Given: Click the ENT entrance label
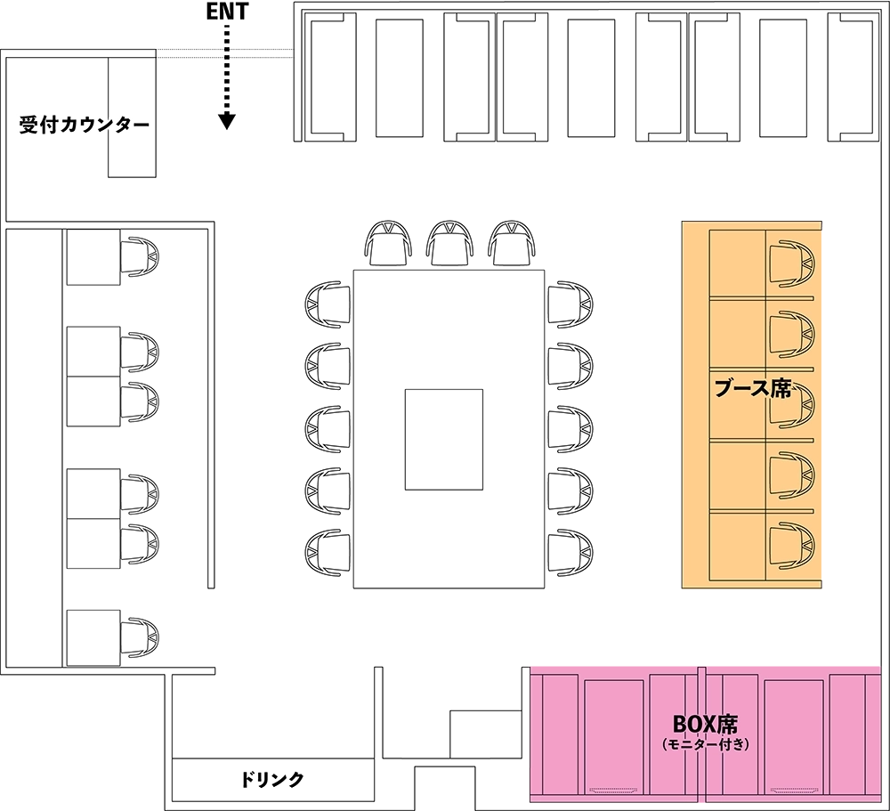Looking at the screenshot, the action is click(227, 12).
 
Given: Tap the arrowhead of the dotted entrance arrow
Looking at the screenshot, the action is click(227, 121).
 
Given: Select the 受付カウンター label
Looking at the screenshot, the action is click(85, 125).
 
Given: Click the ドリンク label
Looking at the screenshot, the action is click(272, 780).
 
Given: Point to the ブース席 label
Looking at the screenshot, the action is click(753, 389).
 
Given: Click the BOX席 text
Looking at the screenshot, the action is click(705, 724).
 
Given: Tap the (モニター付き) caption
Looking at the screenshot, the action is click(706, 744).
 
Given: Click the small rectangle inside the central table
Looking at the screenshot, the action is click(444, 440).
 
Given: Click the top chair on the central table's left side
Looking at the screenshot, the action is click(328, 304).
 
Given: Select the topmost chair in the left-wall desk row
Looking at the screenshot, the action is click(140, 257).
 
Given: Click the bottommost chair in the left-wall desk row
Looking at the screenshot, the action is click(140, 637).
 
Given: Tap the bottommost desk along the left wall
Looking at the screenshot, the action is click(93, 637).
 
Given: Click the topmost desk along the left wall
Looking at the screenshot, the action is click(93, 257).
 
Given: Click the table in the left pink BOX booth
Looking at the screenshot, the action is click(614, 736).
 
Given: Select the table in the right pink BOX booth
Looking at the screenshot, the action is click(795, 736).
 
